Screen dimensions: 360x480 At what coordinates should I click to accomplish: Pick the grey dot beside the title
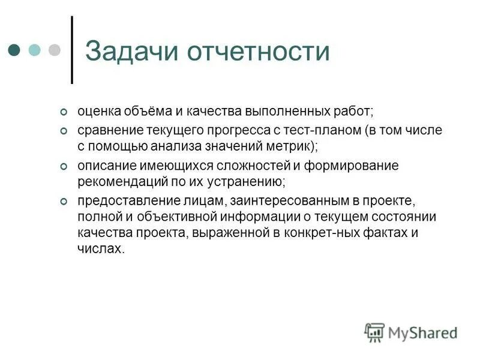tap(55, 50)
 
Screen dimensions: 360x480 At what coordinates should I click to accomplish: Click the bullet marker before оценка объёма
tap(64, 113)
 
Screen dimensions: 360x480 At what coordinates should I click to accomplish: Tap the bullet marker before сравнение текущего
tap(64, 131)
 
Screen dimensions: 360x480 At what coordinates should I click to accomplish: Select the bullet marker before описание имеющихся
tap(64, 166)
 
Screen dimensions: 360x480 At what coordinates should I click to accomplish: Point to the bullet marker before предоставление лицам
tap(64, 200)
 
